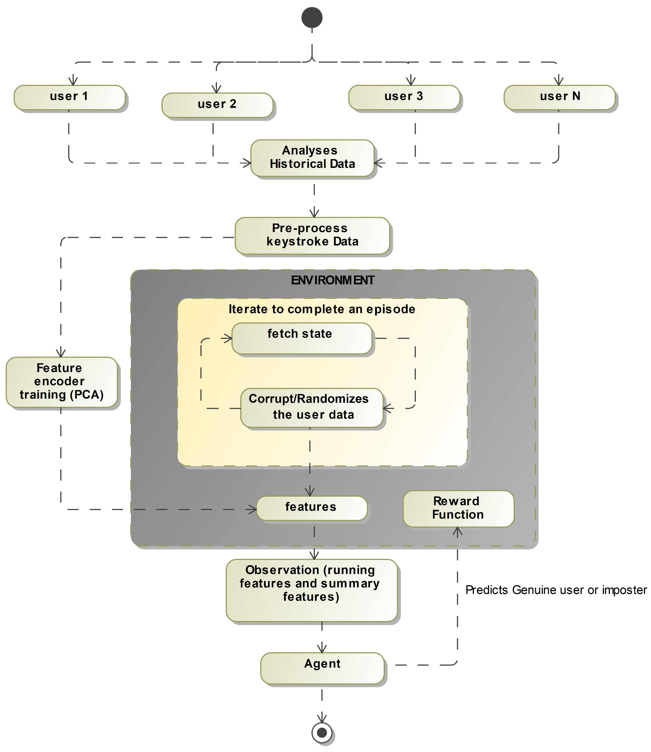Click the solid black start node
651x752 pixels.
tap(312, 17)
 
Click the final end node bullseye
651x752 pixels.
tap(322, 732)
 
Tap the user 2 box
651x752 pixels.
tap(217, 105)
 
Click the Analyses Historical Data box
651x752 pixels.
tap(312, 158)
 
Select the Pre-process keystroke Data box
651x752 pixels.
tap(312, 235)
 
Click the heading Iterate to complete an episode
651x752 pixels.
tap(322, 309)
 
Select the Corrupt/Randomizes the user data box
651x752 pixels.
tap(312, 407)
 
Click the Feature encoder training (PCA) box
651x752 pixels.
tap(62, 382)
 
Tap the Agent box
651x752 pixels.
tap(322, 668)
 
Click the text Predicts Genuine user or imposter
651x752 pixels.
tap(556, 590)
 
